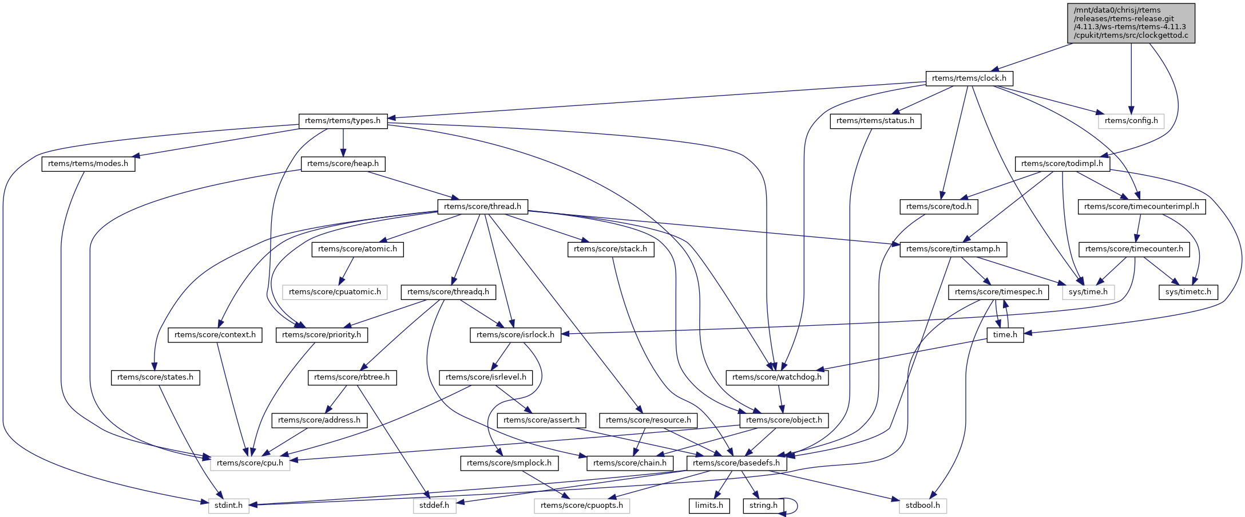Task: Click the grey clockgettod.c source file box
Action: pos(1131,23)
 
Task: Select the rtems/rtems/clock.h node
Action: pos(969,78)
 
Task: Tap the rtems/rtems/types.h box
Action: pos(343,121)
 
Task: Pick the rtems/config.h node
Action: pos(1131,121)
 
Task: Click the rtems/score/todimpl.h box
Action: pos(1062,164)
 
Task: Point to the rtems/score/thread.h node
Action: pos(482,207)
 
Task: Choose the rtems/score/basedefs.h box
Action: pos(736,463)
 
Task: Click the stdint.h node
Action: pos(228,506)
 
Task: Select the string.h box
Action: pos(763,506)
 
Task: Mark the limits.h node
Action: pos(709,506)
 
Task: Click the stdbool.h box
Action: pos(922,506)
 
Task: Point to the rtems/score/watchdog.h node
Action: pos(776,377)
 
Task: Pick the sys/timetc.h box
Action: pos(1188,292)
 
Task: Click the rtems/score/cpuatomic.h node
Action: pos(335,292)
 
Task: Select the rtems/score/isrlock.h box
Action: pos(515,335)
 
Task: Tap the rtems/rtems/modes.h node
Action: pos(88,164)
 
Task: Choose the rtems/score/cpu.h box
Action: pos(250,463)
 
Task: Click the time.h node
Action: pos(1005,335)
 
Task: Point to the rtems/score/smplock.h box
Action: pos(509,463)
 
